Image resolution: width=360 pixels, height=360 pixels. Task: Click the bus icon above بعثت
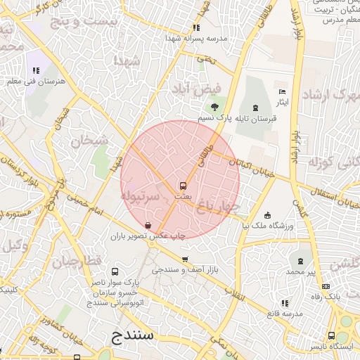[183, 186]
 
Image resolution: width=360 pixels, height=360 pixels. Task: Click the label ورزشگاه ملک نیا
[268, 226]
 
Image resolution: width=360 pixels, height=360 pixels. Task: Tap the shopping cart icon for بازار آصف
[185, 259]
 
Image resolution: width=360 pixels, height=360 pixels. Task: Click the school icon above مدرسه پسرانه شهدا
[197, 28]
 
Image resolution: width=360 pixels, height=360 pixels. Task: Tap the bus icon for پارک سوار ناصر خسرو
[115, 271]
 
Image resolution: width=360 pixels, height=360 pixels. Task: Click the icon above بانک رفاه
[325, 286]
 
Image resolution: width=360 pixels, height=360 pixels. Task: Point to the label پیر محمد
[301, 271]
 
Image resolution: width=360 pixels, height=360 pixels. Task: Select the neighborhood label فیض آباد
[197, 89]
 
